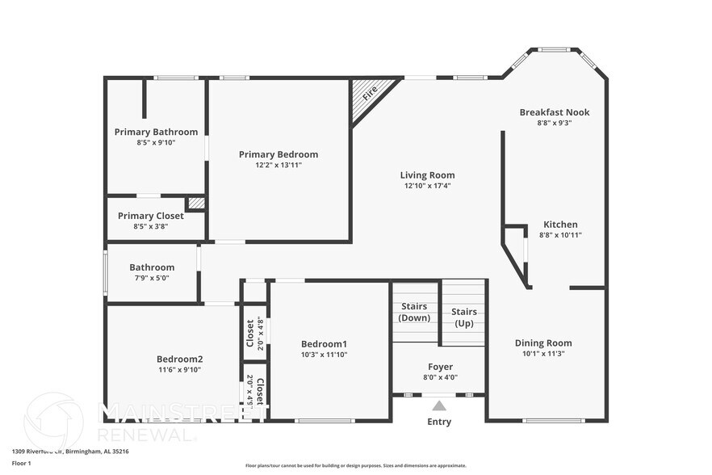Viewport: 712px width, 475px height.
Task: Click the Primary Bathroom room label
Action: pyautogui.click(x=156, y=132)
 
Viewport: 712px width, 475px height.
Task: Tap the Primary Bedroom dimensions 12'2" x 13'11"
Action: pyautogui.click(x=279, y=165)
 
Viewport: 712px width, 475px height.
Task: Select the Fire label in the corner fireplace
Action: pyautogui.click(x=370, y=94)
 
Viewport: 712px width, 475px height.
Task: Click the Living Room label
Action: pyautogui.click(x=427, y=174)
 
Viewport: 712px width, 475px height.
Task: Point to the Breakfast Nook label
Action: pyautogui.click(x=554, y=112)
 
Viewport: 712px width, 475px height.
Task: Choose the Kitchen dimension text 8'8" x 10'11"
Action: pyautogui.click(x=560, y=235)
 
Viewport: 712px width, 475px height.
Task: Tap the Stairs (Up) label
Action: pyautogui.click(x=463, y=317)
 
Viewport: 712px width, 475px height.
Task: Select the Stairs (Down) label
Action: pyautogui.click(x=415, y=312)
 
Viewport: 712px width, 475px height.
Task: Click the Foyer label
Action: pyautogui.click(x=440, y=367)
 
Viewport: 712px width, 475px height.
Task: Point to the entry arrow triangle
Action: pyautogui.click(x=439, y=406)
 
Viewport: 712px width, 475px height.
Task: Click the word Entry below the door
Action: pyautogui.click(x=439, y=422)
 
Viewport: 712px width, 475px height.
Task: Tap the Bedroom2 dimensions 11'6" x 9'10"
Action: pyautogui.click(x=179, y=370)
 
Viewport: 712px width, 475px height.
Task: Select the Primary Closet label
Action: pyautogui.click(x=151, y=216)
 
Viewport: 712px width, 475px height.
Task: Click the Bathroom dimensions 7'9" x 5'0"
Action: pyautogui.click(x=152, y=278)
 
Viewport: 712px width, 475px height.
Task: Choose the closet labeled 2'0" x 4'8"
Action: pyautogui.click(x=255, y=330)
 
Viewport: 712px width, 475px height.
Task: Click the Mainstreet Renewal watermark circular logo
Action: pyautogui.click(x=54, y=422)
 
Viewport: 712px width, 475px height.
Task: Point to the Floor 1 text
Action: pyautogui.click(x=21, y=463)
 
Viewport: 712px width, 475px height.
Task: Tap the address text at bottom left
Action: pyautogui.click(x=70, y=452)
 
